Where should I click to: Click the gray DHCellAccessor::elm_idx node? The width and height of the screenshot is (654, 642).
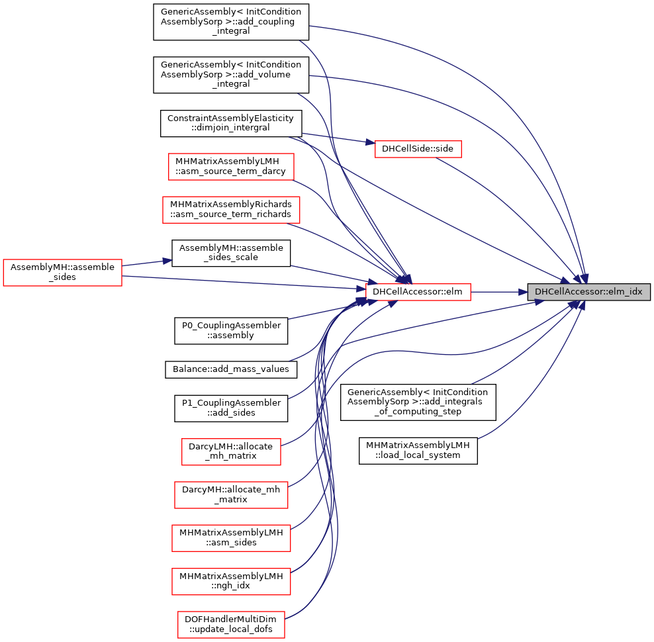pyautogui.click(x=588, y=292)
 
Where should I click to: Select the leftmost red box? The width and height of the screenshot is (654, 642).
pyautogui.click(x=62, y=273)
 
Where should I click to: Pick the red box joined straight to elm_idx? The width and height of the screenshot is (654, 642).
pyautogui.click(x=418, y=292)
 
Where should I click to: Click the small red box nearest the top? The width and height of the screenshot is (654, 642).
pyautogui.click(x=418, y=149)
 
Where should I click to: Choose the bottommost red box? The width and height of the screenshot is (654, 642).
pyautogui.click(x=231, y=625)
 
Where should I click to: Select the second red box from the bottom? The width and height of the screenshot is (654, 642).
pyautogui.click(x=231, y=582)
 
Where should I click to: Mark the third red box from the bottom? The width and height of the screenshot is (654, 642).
pyautogui.click(x=231, y=538)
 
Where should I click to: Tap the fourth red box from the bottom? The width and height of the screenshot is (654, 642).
pyautogui.click(x=231, y=495)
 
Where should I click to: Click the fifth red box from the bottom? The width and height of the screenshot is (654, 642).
pyautogui.click(x=231, y=452)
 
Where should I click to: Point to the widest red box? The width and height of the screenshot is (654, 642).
pyautogui.click(x=231, y=210)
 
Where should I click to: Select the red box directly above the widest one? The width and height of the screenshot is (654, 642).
pyautogui.click(x=231, y=167)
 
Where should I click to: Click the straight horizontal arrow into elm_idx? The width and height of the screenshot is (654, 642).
pyautogui.click(x=496, y=292)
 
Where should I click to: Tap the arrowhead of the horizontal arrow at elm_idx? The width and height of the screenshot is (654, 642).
pyautogui.click(x=523, y=292)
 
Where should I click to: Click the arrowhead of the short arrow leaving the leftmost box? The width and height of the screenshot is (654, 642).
pyautogui.click(x=168, y=261)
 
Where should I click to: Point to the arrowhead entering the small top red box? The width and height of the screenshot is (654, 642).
pyautogui.click(x=370, y=142)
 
